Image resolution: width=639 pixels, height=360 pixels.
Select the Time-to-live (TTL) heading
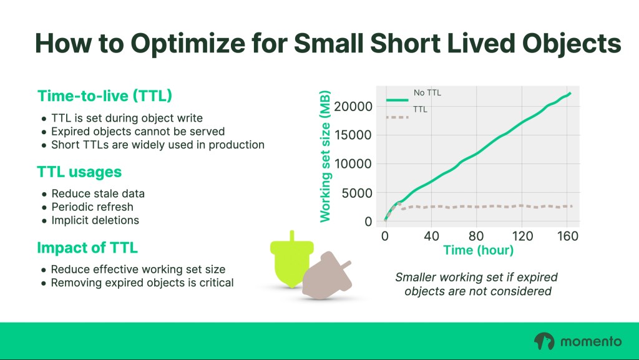click(105, 96)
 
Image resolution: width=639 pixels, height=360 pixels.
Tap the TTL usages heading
click(79, 172)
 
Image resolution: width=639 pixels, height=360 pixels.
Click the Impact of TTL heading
click(87, 248)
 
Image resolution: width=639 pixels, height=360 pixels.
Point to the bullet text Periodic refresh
click(92, 207)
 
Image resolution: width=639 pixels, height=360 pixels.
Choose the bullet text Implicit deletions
click(95, 220)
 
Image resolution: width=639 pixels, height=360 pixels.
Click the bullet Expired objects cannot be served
click(138, 132)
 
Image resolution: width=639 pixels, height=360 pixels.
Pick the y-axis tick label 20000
click(353, 107)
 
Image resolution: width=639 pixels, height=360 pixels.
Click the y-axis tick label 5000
click(356, 193)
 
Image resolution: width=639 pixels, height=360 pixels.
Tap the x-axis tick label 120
click(522, 236)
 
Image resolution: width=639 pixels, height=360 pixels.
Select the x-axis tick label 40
click(432, 236)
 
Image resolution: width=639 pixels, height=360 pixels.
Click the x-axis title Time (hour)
click(478, 250)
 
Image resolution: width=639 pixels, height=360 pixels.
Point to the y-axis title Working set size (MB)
click(324, 157)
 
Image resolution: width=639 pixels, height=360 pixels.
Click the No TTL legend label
click(427, 93)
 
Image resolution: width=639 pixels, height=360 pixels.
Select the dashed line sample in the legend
click(397, 117)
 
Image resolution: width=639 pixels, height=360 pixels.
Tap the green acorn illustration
click(292, 261)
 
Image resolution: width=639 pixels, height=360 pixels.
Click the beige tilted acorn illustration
click(327, 275)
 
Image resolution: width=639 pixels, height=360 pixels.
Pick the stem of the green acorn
click(292, 236)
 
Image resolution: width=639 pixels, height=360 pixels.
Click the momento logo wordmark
click(591, 341)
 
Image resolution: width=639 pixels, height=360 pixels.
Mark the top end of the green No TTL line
click(570, 93)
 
